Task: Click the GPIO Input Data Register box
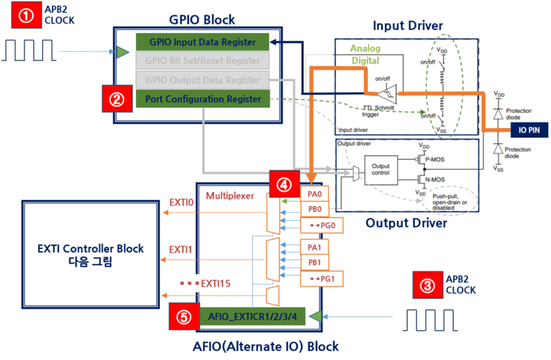pos(203,42)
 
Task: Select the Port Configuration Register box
pos(203,100)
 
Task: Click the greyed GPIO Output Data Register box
pos(203,80)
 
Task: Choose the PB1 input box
pos(314,262)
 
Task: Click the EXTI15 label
pos(209,284)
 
